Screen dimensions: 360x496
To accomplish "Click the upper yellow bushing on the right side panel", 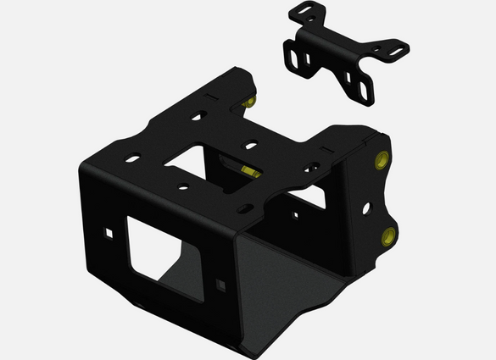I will (381, 159).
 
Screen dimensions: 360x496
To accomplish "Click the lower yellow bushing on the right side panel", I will (388, 235).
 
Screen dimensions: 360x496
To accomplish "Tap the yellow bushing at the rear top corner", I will (251, 102).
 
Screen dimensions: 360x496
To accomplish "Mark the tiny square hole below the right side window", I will (295, 215).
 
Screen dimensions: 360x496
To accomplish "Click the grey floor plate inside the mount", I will (280, 280).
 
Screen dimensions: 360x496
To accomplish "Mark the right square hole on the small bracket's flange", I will (348, 79).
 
